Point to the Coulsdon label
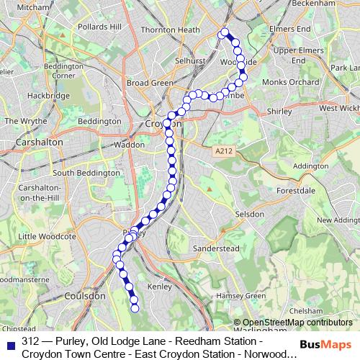click(x=85, y=295)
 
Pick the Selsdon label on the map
click(x=251, y=215)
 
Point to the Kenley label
click(x=158, y=287)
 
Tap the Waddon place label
click(x=130, y=144)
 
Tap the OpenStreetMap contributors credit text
click(x=293, y=323)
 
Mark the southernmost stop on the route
click(x=135, y=309)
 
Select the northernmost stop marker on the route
click(x=224, y=32)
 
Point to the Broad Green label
click(x=150, y=83)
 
